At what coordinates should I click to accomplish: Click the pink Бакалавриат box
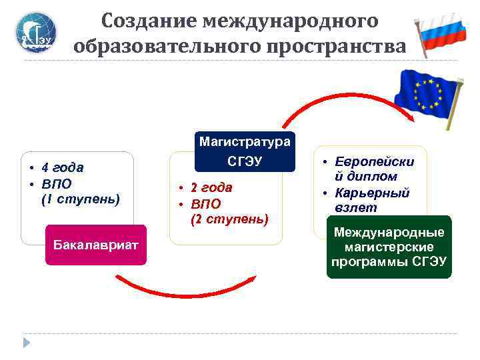[95, 245]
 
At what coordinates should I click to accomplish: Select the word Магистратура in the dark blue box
[245, 141]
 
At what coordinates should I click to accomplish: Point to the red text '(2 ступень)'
[230, 219]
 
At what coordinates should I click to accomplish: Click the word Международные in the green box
[389, 233]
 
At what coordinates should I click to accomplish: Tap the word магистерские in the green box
[389, 247]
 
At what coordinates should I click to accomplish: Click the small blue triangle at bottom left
[27, 343]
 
